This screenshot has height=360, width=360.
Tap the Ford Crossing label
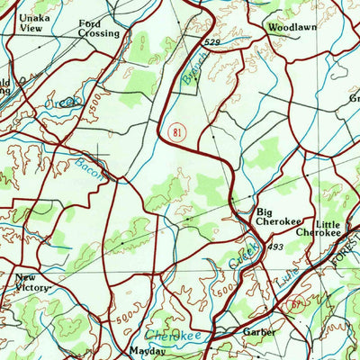tap(97, 28)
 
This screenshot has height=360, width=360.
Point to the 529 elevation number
tap(211, 42)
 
